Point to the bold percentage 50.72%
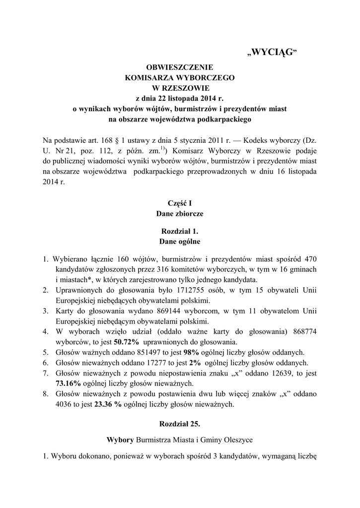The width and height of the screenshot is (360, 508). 127,342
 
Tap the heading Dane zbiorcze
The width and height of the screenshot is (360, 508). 180,214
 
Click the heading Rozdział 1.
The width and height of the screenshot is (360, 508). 180,231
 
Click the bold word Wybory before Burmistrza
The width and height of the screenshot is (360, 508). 121,440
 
